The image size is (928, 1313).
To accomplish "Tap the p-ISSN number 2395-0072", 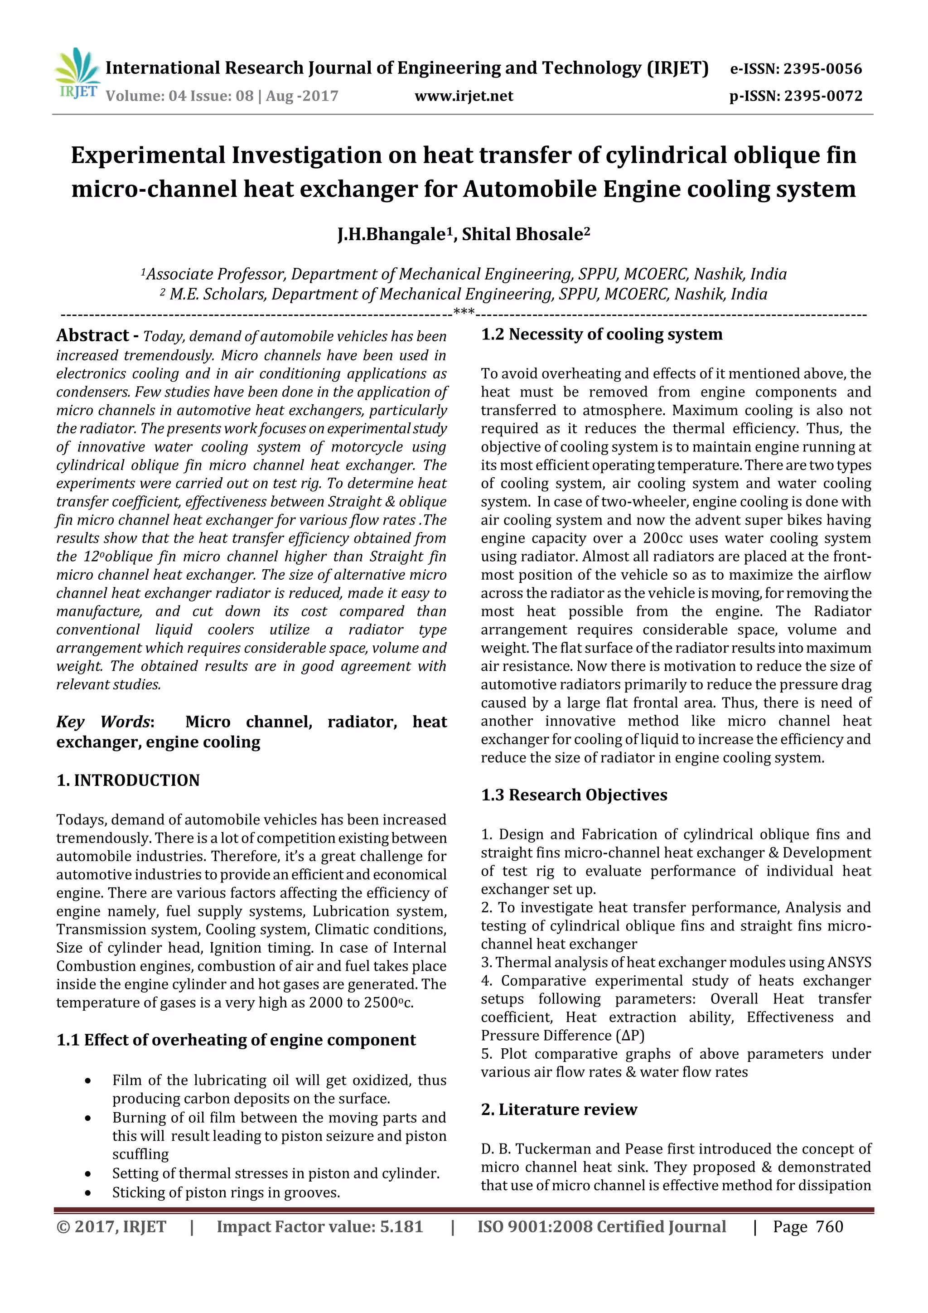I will pos(823,96).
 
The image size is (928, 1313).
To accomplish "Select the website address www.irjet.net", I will pos(464,96).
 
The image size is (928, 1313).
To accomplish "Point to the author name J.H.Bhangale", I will pos(391,234).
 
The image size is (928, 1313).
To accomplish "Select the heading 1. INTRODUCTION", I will pos(128,780).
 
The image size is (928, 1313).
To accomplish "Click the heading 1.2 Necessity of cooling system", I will pos(601,334).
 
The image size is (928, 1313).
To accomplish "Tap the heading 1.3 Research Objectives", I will pos(574,795).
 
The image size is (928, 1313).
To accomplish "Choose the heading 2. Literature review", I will pos(559,1110).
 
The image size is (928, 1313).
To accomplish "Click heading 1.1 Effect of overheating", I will pos(236,1040).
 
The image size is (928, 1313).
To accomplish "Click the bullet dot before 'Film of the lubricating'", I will pos(87,1081).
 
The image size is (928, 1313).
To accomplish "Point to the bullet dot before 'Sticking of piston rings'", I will pos(87,1193).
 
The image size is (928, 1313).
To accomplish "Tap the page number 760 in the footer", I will pos(829,1226).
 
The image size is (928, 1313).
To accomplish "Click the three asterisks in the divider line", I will pos(464,313).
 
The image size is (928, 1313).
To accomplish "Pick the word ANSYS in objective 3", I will pos(849,963).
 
